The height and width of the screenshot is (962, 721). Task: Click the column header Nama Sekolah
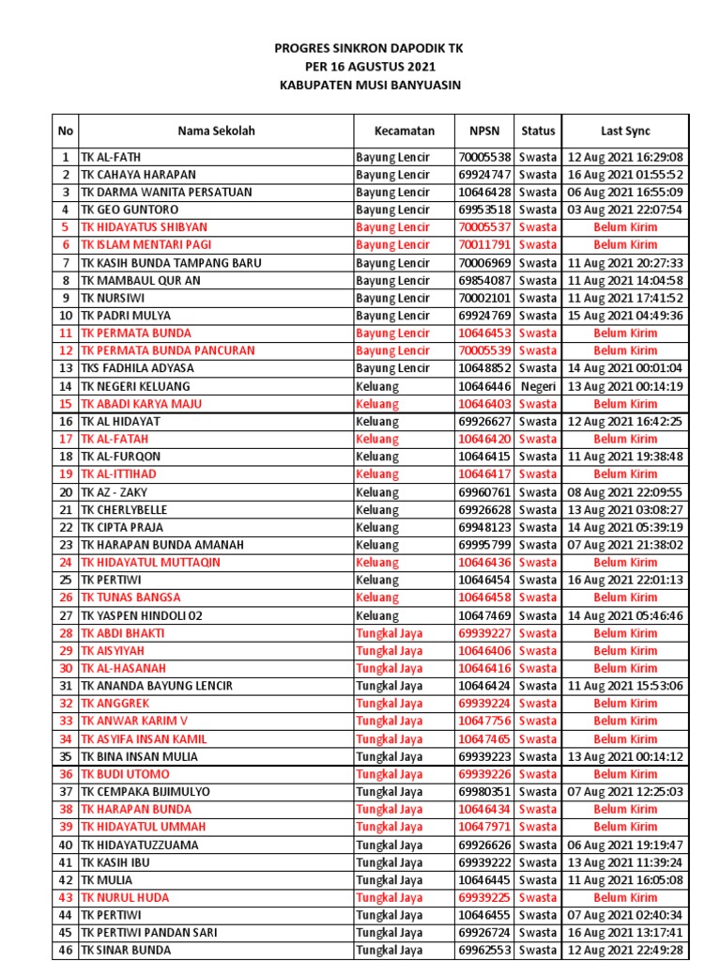coord(216,132)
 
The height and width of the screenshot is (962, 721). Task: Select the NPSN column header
coord(484,132)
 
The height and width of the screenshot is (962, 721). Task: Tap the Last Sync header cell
coord(625,132)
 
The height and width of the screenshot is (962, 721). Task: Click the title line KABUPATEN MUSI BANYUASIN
coord(370,85)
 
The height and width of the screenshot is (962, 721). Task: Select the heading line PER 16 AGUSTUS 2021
coord(370,67)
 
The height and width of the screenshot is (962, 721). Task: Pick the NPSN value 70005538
coord(484,157)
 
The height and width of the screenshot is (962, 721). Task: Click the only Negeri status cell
coord(538,386)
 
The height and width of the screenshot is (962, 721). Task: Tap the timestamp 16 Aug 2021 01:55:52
coord(625,175)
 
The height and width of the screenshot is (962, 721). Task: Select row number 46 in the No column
coord(66,950)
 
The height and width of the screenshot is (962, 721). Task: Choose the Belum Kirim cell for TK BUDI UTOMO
coord(625,774)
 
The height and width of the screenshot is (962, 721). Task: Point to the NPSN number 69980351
coord(484,792)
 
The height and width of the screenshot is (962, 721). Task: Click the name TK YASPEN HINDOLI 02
coord(142,615)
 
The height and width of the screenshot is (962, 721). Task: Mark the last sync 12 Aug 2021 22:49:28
coord(625,950)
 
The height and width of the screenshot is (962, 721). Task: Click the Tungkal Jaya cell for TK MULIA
coord(389,880)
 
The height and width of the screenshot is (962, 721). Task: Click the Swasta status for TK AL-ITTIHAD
coord(538,474)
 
